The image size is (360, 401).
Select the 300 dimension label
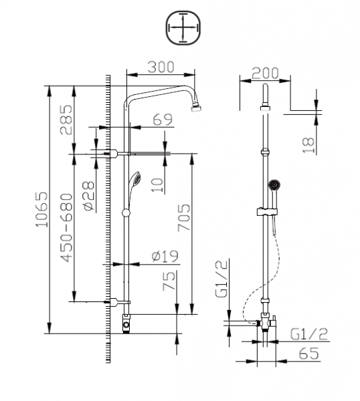tap(161, 68)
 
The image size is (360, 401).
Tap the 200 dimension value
tap(265, 73)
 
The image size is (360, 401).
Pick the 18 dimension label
tap(308, 144)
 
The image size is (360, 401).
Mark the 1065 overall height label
tap(41, 210)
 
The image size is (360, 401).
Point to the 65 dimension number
tap(309, 355)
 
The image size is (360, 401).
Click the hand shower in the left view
tap(136, 179)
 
